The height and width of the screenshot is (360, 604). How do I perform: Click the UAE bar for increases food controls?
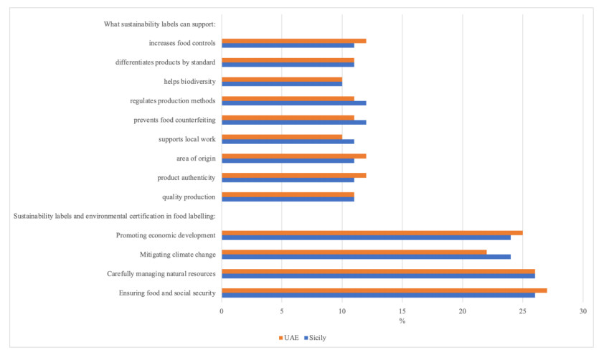(x=294, y=41)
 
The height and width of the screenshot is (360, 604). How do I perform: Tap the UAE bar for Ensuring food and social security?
(x=384, y=290)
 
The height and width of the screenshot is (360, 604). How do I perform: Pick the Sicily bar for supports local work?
(x=288, y=142)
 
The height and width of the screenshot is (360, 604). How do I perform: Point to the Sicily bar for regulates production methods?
(x=294, y=103)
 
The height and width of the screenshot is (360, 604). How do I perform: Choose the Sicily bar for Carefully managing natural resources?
(x=378, y=275)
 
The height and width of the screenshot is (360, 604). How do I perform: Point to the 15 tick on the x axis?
(x=402, y=311)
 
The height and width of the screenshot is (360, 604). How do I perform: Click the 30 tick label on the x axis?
(x=583, y=311)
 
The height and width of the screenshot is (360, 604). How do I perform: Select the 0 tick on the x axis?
(x=222, y=311)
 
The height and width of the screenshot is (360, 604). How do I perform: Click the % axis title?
(x=402, y=321)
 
